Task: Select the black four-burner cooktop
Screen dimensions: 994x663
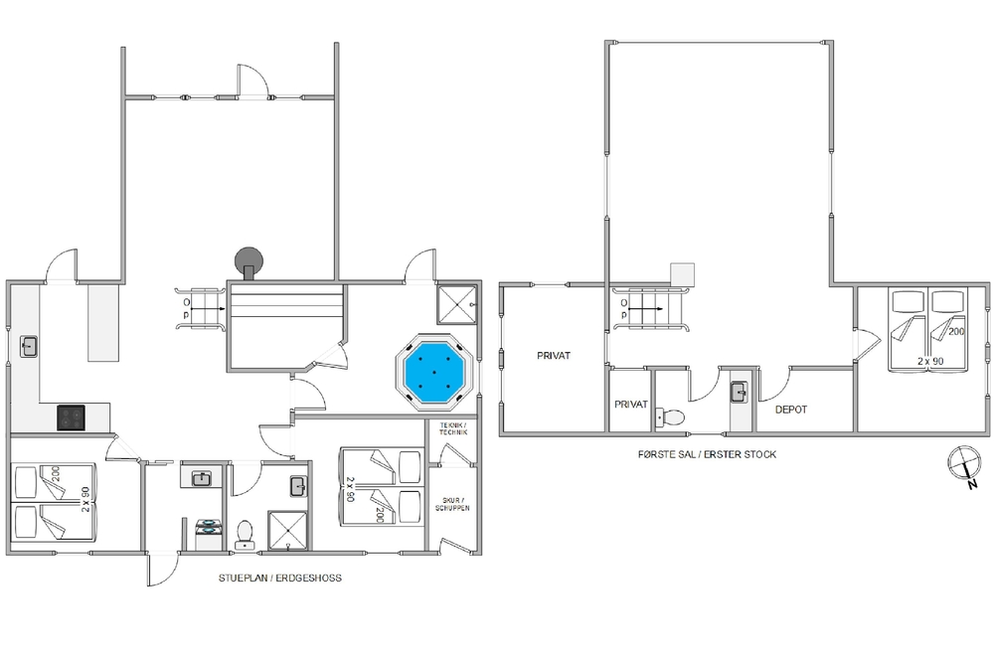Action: point(71,417)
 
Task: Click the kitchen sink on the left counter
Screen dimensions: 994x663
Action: point(29,346)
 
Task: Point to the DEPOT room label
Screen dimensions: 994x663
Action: point(791,410)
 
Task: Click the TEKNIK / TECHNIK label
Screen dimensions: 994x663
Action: point(453,428)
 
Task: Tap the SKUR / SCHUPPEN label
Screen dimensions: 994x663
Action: point(452,504)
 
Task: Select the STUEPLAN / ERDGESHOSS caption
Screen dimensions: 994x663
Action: point(280,579)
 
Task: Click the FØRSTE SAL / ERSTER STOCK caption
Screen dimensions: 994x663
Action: point(707,454)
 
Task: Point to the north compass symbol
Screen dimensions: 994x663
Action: point(963,462)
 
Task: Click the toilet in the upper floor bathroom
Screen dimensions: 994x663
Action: point(669,417)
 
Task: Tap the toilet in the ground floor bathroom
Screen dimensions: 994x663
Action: point(245,535)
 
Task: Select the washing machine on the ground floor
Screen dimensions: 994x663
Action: point(208,535)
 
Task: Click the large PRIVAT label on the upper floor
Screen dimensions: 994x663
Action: point(554,356)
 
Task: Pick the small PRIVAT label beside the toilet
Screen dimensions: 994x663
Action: point(631,405)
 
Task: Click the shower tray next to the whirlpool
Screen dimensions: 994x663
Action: point(456,305)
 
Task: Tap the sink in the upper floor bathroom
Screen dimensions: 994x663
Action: point(740,392)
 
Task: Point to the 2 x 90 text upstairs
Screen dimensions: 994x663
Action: point(930,361)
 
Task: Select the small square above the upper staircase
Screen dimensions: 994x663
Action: point(683,274)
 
